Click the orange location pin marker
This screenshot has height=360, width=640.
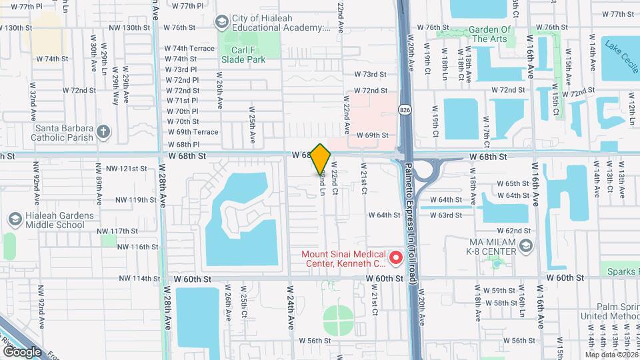321,159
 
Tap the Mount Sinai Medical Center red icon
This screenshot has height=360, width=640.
395,257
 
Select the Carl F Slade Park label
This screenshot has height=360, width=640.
243,54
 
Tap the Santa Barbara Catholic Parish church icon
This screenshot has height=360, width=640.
103,131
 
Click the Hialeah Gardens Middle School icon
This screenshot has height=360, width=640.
15,219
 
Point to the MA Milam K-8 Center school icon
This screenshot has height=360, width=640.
525,246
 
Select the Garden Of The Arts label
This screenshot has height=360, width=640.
489,34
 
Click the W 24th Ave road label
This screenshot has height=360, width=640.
291,307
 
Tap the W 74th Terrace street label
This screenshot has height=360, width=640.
193,49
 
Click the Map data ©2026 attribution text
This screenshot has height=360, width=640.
611,354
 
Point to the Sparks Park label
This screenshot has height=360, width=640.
623,271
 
